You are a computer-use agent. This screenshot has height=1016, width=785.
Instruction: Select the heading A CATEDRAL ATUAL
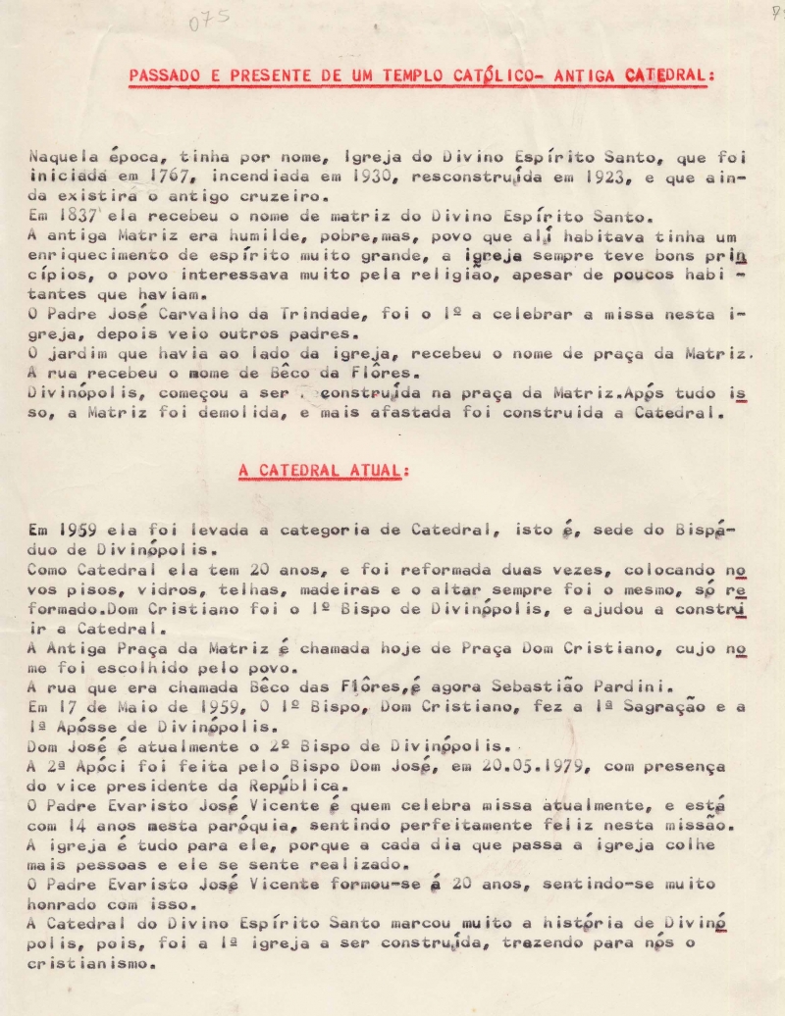[322, 471]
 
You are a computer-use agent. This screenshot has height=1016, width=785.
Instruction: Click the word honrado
[66, 903]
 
